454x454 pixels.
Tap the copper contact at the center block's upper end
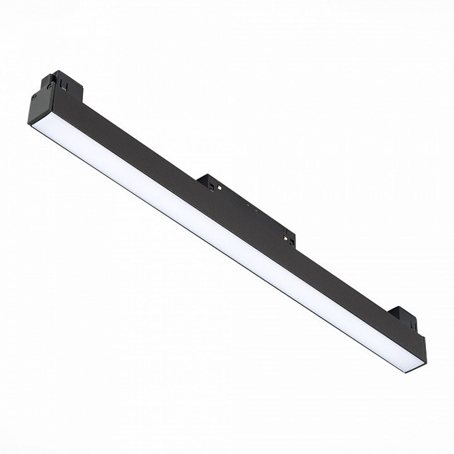point(219,186)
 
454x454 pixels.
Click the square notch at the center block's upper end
point(212,186)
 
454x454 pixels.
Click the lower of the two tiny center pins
point(257,211)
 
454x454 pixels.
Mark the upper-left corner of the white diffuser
point(33,125)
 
